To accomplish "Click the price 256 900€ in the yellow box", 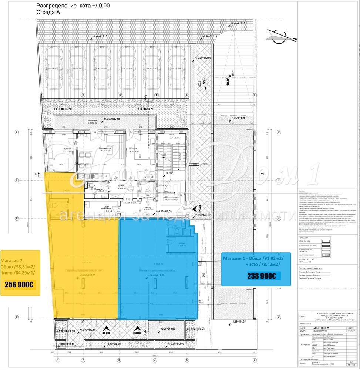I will coord(19,285).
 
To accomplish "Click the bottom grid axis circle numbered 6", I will coord(254,360).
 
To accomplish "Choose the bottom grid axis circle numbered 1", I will coord(57,360).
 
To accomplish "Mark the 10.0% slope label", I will coord(229,81).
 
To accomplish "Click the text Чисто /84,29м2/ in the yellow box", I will coord(18,273).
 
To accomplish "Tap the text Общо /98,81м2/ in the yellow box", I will coord(18,266).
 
